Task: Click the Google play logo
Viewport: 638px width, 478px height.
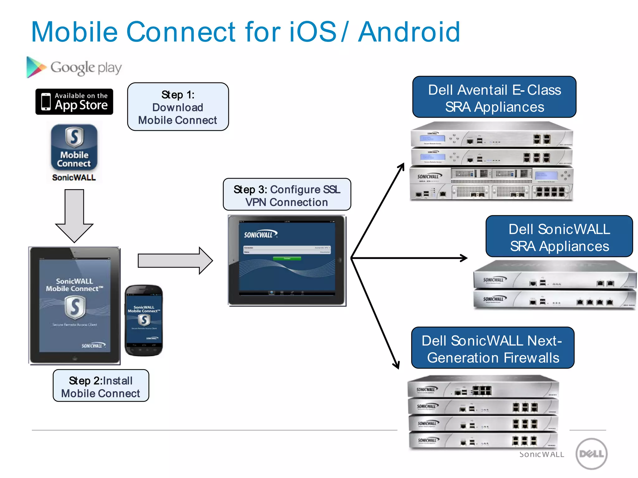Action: pyautogui.click(x=74, y=67)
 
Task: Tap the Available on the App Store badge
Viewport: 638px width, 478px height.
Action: pyautogui.click(x=74, y=102)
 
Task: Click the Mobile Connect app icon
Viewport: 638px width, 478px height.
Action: pyautogui.click(x=74, y=147)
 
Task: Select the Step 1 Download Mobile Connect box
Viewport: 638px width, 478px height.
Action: pyautogui.click(x=178, y=107)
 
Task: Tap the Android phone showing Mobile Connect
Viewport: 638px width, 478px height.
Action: pyautogui.click(x=144, y=320)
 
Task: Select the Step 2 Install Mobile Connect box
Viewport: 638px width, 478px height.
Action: pyautogui.click(x=101, y=386)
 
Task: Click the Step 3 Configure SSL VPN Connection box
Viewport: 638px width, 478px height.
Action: pyautogui.click(x=287, y=195)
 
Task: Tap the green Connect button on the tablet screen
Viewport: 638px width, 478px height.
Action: pyautogui.click(x=287, y=258)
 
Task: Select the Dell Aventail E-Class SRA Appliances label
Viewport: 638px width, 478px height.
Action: pyautogui.click(x=494, y=97)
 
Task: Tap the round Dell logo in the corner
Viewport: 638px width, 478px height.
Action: pyautogui.click(x=591, y=453)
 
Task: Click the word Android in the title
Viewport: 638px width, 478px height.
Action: pyautogui.click(x=409, y=32)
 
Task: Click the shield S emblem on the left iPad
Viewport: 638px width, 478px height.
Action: pyautogui.click(x=75, y=307)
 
